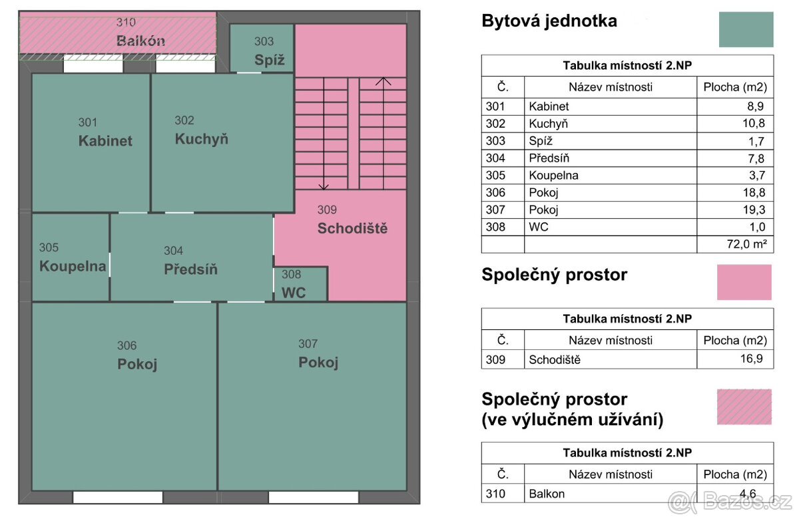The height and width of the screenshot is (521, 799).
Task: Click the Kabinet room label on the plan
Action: click(x=105, y=141)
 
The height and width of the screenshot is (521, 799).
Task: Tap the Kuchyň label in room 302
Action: click(x=202, y=139)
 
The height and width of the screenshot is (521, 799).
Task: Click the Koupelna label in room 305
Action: click(x=73, y=266)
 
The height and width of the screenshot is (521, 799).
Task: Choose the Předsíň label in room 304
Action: click(x=190, y=269)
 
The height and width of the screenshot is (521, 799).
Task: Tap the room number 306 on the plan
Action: click(x=127, y=345)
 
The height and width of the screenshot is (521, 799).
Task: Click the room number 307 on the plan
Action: click(x=308, y=343)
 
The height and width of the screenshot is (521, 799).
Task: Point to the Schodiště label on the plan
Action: click(x=352, y=229)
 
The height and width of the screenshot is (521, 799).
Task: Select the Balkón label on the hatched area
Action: click(x=140, y=41)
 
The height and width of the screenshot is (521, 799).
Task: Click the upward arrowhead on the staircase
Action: click(x=383, y=82)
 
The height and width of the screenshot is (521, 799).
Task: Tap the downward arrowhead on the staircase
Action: click(x=324, y=186)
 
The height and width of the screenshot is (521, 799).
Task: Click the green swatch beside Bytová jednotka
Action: click(x=746, y=29)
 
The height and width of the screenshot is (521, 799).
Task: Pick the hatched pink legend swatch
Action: click(x=744, y=407)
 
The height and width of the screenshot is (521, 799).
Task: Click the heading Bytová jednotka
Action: click(x=549, y=21)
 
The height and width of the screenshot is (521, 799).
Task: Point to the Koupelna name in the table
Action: click(x=553, y=176)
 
